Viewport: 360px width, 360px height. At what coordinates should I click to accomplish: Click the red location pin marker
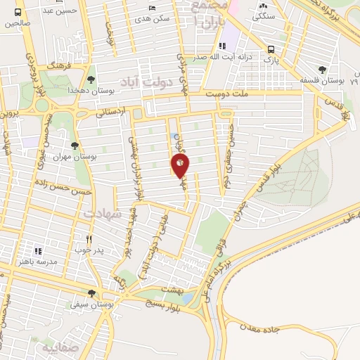point(180,165)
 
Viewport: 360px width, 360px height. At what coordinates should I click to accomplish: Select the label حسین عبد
point(59,10)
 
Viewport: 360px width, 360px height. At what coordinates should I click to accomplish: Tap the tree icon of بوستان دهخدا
point(91,79)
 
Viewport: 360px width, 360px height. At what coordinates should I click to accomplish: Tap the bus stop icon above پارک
point(271,49)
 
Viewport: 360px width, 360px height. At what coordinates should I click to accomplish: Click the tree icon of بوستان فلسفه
point(321,70)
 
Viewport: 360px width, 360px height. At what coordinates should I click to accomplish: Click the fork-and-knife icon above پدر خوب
point(89,238)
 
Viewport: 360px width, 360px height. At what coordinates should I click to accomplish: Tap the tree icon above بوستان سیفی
point(91,293)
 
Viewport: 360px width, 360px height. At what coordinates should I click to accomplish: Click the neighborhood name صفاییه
point(57,347)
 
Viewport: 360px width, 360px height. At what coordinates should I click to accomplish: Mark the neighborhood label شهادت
point(103,212)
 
